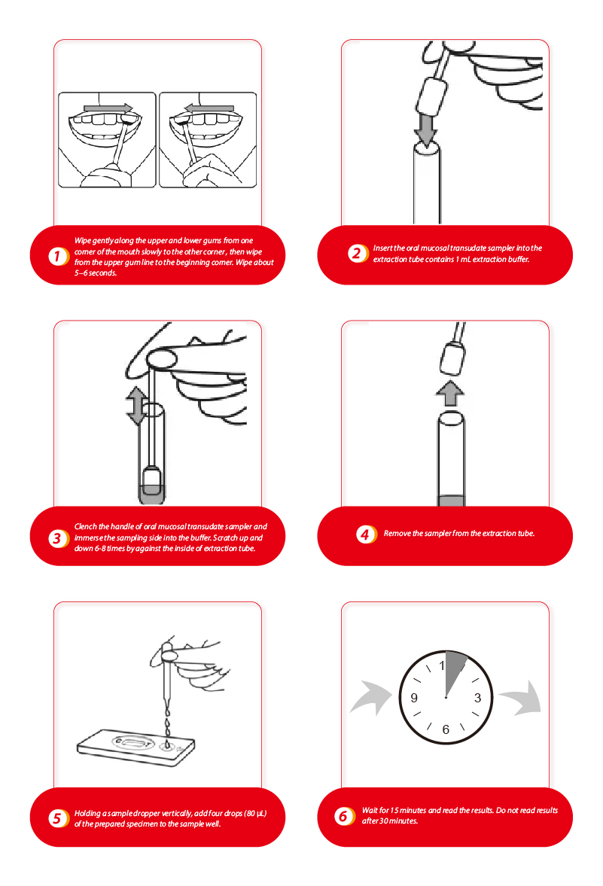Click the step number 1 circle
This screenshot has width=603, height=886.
[x=57, y=256]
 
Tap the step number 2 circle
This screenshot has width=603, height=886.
[x=357, y=253]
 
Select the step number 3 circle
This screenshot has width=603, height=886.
[x=57, y=537]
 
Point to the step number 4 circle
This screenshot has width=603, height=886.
[x=365, y=534]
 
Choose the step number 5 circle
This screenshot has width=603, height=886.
[x=57, y=817]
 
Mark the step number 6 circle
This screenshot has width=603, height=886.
[x=343, y=815]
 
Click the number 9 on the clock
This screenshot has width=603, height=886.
[x=414, y=698]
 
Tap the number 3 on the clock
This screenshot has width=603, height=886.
[x=477, y=698]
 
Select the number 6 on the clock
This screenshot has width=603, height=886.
[x=446, y=729]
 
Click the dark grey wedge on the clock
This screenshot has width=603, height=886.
[x=453, y=671]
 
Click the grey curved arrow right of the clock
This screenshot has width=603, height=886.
[x=521, y=698]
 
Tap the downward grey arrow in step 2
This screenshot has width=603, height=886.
[x=425, y=130]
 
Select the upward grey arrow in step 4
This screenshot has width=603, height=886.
[x=450, y=393]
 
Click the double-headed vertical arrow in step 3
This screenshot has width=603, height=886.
[x=136, y=406]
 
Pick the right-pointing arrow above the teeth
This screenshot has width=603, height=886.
[x=108, y=108]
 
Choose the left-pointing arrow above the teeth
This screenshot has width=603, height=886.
[x=209, y=108]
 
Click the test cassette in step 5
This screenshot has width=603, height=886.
[x=136, y=747]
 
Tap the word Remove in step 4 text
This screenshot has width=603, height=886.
[x=397, y=534]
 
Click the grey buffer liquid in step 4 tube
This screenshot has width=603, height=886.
[x=452, y=501]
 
